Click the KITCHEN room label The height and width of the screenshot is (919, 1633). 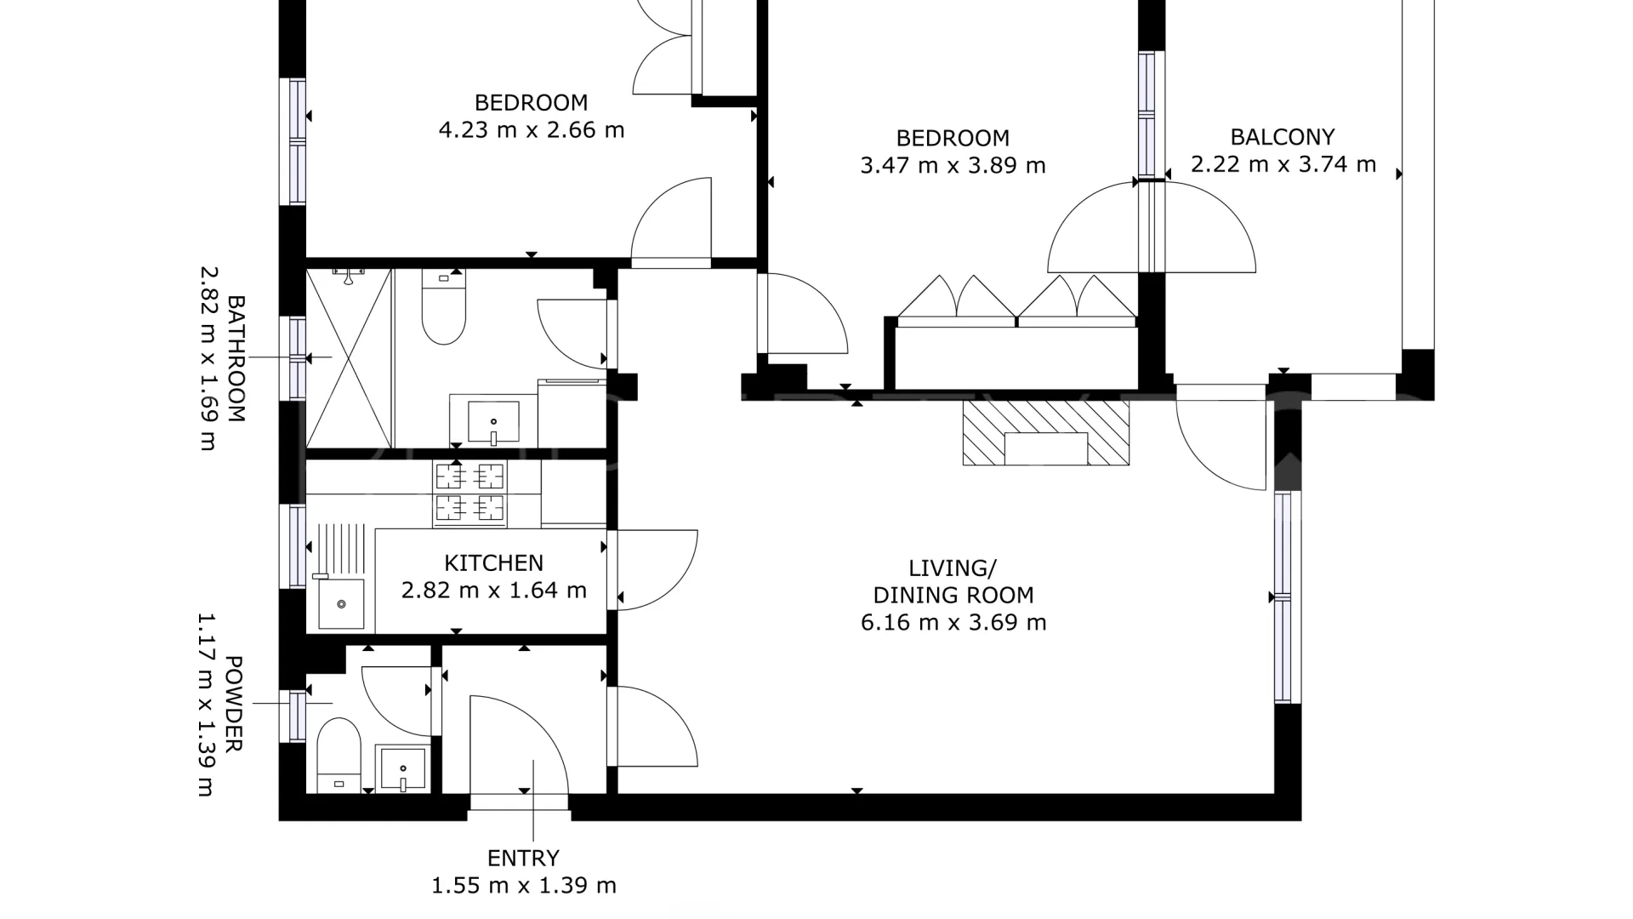(493, 562)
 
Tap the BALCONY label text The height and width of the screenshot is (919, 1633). (1283, 137)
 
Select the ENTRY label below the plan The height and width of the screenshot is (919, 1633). (523, 858)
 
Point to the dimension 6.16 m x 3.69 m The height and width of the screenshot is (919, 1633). (953, 622)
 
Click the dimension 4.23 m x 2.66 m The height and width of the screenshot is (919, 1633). (532, 130)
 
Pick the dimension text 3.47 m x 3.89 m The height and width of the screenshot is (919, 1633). (953, 165)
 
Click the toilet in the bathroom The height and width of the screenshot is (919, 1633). (443, 306)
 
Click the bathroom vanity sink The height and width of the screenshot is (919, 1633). (493, 422)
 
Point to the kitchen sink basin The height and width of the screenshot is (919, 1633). (341, 604)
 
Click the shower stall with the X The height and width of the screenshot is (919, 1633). (349, 358)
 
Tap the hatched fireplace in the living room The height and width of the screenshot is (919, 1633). (1046, 433)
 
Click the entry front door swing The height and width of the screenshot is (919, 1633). (520, 745)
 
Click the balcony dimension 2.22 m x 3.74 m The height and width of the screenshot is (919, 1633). (1283, 164)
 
